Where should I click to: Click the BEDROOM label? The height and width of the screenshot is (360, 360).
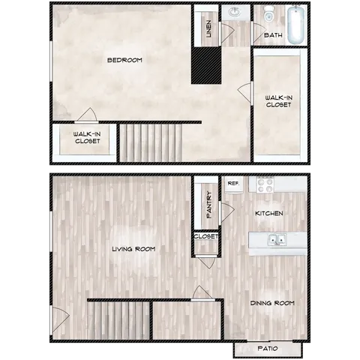point(124,60)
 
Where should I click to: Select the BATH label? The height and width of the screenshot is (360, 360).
point(273,35)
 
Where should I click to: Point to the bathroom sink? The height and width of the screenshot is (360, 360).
point(235,13)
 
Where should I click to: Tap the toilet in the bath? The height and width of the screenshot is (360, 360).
point(268,15)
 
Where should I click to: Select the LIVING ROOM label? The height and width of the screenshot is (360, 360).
point(133,249)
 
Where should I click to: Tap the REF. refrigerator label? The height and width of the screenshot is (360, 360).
point(233,183)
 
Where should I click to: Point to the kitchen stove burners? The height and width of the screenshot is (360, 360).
point(266,184)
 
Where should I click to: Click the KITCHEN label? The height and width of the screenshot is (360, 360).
point(268,214)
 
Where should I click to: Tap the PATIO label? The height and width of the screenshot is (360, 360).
point(268,348)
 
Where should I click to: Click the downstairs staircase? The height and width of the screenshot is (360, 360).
point(118,319)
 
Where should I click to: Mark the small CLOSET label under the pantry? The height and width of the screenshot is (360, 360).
point(206,237)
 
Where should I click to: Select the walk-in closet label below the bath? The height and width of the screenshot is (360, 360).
point(278,100)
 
